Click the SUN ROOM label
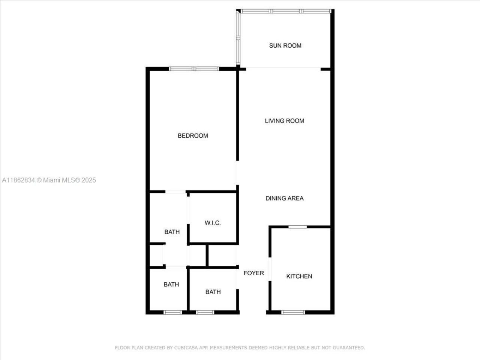coord(285,46)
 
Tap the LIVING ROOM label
coord(284,121)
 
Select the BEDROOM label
coord(193,136)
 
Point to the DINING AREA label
coord(284,198)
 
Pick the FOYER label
coord(253,273)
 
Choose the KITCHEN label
coord(299,276)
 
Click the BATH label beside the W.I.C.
coord(172,232)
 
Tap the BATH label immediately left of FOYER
coord(213,292)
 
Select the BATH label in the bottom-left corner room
coord(171,285)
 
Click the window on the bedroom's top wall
coord(193,69)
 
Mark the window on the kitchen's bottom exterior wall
coord(293,312)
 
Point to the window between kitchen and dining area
coord(297,226)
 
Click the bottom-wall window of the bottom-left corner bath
coord(173,312)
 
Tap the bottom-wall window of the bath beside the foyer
coord(205,312)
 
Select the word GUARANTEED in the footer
coord(346,348)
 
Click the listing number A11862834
coord(18,180)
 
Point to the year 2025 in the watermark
coord(89,180)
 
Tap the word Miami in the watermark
coord(51,180)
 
